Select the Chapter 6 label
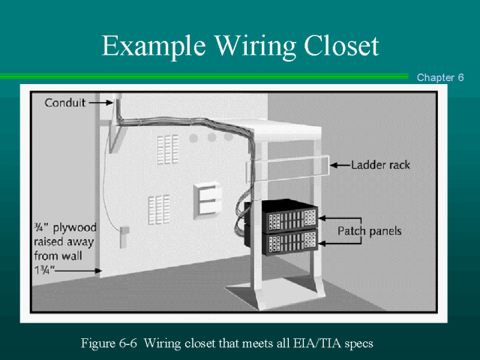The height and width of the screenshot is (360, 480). pos(440,78)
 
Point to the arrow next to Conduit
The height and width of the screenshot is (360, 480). pos(101,102)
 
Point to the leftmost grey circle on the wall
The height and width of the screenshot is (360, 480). pos(194,138)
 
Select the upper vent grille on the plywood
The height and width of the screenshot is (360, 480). pos(168,149)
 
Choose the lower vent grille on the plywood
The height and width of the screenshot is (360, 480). pos(158,208)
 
